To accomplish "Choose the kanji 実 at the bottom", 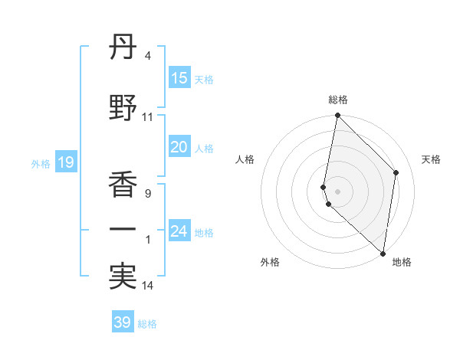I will click(123, 277).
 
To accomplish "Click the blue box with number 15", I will click(179, 78).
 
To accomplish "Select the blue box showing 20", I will click(179, 147).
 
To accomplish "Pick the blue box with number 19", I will click(65, 162).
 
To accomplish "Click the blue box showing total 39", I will click(123, 322).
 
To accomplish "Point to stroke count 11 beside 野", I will click(147, 117).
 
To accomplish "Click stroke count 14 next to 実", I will click(147, 286).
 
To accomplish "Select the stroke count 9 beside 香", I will click(147, 194).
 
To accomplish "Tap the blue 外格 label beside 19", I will click(41, 163).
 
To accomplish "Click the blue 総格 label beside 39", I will click(147, 323).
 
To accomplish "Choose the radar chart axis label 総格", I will click(338, 100).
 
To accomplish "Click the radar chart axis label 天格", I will click(431, 159).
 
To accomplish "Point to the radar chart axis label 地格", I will click(402, 263).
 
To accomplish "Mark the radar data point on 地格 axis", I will click(383, 253).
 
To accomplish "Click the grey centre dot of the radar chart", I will click(338, 190).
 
